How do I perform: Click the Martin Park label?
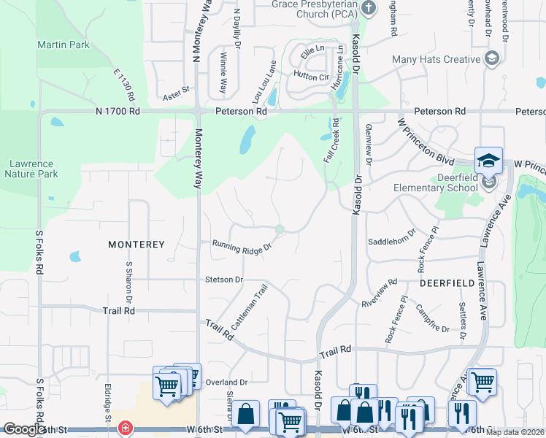tap(64, 45)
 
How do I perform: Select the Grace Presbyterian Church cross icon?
tap(369, 9)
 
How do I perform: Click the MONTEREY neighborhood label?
tap(136, 244)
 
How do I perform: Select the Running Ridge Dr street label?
tap(242, 246)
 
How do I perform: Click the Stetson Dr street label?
tap(224, 280)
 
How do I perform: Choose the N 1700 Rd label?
tap(117, 112)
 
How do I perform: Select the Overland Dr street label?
tap(227, 382)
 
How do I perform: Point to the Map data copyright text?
tap(514, 432)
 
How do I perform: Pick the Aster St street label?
tap(177, 93)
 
